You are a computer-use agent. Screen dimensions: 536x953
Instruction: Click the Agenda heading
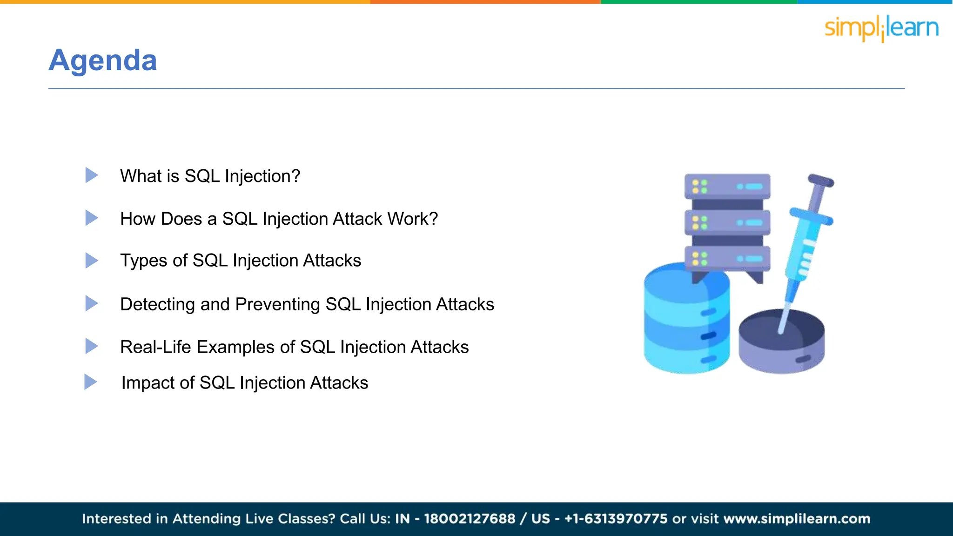point(103,60)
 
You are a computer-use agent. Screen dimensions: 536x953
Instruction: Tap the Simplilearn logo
point(881,28)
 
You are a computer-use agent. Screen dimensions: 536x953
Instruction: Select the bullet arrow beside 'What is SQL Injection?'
point(92,175)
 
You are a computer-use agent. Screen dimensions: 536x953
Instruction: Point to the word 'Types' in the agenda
point(143,261)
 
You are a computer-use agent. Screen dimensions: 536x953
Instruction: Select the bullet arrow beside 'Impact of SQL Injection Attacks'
point(90,382)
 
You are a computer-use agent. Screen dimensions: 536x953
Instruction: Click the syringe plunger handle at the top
point(821,181)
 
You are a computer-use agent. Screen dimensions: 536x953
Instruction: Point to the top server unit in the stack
point(727,186)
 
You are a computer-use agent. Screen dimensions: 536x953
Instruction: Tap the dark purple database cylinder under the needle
point(782,344)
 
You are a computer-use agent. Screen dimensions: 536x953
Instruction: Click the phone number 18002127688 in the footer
point(470,519)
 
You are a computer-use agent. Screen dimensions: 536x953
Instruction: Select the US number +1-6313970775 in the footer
point(616,519)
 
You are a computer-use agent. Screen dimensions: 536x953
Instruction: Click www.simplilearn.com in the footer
point(797,519)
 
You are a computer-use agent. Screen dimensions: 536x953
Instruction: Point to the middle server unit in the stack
point(727,222)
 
